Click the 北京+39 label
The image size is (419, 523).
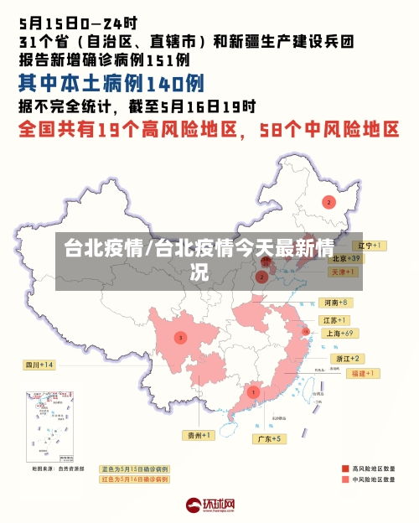coord(345,258)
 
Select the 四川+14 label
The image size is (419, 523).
coord(39,365)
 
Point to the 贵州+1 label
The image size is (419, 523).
coord(199,435)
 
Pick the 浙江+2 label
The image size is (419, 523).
coord(345,358)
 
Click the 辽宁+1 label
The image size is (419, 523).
coord(368,246)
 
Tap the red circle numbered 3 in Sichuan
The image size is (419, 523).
coord(179,338)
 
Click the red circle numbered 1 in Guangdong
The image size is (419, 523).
coord(253,391)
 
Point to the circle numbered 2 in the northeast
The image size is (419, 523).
coord(328,202)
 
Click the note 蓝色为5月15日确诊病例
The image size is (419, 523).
coord(135,469)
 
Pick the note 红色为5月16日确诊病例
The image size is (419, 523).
coord(135,479)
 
